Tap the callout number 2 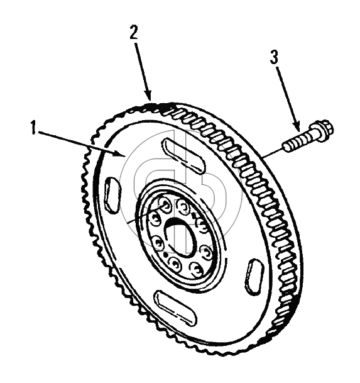point(134,33)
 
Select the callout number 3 point(274,57)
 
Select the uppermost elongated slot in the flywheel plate point(184,156)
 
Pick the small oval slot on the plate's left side point(112,194)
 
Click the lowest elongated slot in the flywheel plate point(176,308)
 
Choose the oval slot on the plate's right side point(254,276)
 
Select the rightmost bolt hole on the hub point(206,252)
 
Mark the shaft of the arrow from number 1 point(80,143)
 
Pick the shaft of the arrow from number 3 point(287,96)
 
